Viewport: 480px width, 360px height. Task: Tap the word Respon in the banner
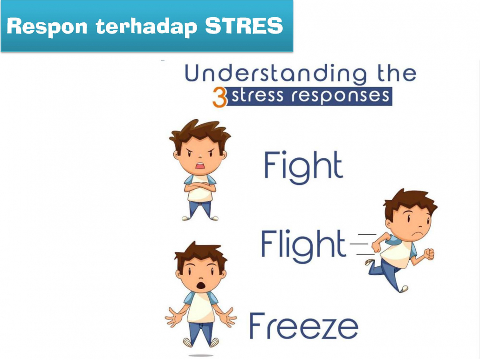click(47, 27)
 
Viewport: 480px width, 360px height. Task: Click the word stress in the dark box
click(257, 96)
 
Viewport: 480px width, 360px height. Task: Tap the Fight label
click(303, 167)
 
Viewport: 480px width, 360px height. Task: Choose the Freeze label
click(304, 326)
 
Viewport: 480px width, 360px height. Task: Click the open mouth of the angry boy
click(200, 166)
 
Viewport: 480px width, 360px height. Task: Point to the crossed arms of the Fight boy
click(200, 186)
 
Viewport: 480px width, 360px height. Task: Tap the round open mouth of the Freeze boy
click(200, 285)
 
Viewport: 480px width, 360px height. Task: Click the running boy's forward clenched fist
click(429, 254)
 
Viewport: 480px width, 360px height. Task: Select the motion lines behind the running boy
click(363, 244)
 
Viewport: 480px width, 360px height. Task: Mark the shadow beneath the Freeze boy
click(201, 355)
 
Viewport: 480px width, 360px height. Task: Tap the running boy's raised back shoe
click(370, 262)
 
